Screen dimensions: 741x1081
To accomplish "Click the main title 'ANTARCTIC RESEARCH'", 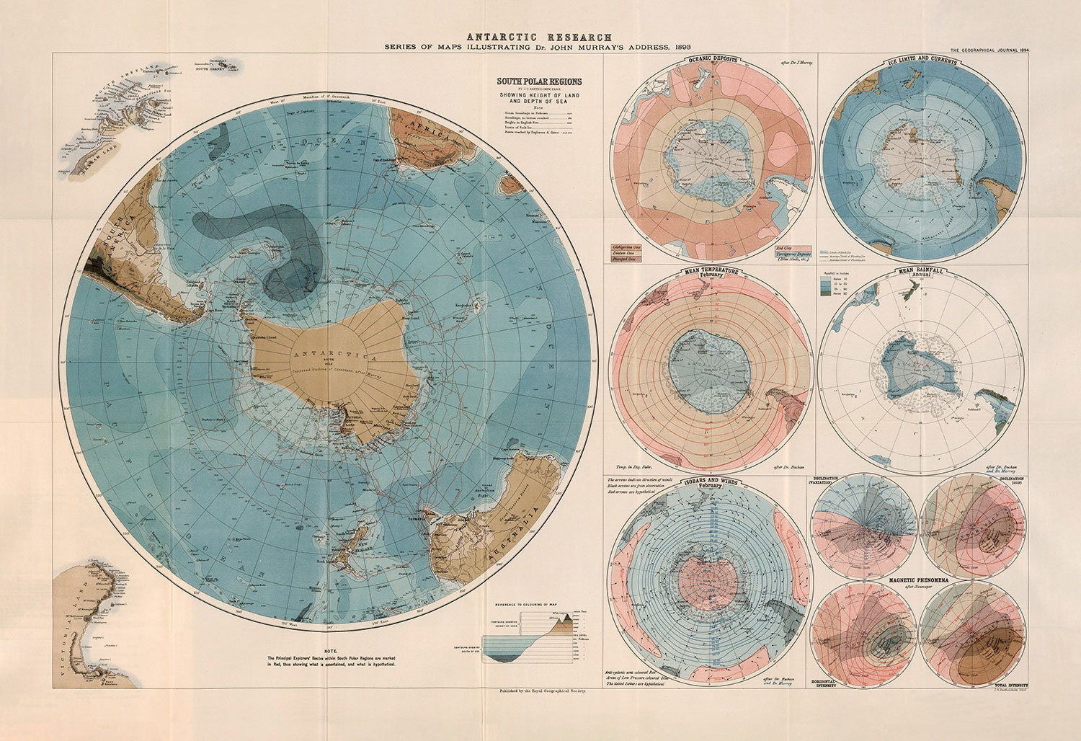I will [x=539, y=37].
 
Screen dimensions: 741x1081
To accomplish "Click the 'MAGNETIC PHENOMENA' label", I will [x=917, y=580].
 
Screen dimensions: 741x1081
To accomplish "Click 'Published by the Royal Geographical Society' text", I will [x=538, y=691].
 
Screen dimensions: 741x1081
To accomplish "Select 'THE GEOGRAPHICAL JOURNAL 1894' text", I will [x=989, y=50].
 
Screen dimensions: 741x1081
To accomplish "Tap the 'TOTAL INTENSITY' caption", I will [x=1008, y=684].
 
